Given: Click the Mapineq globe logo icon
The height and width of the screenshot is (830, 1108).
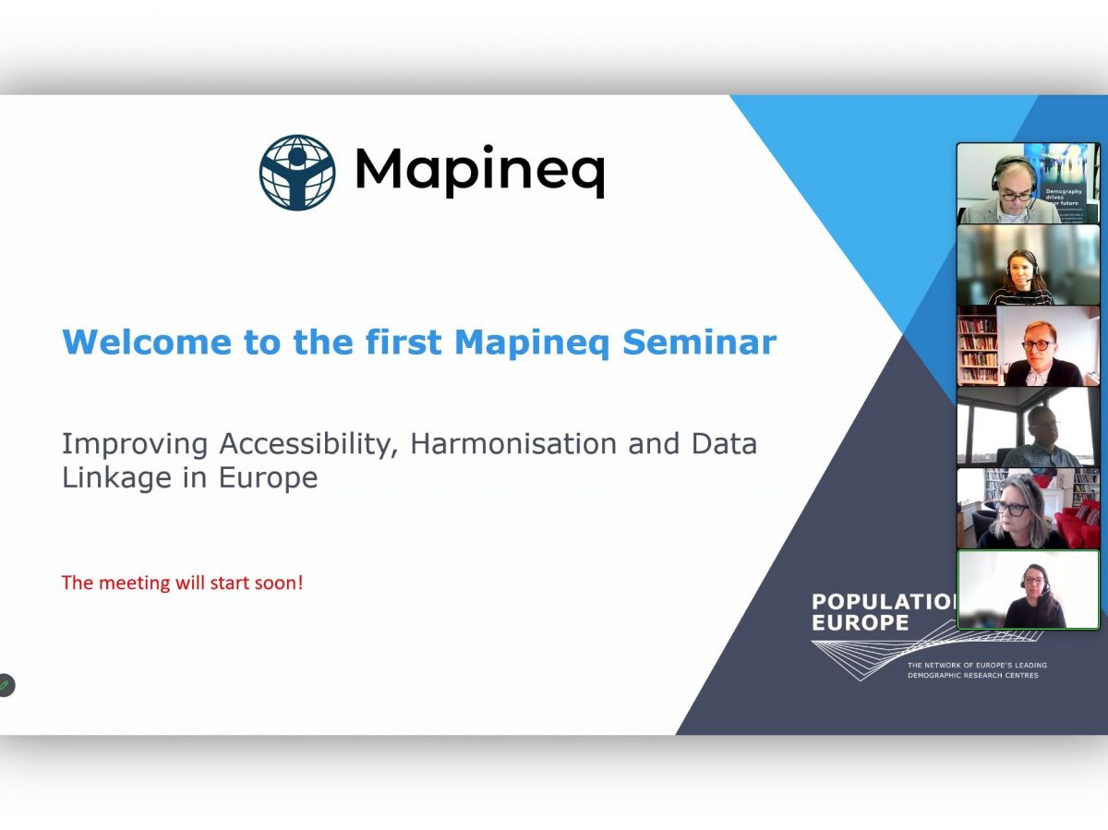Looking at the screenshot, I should [296, 172].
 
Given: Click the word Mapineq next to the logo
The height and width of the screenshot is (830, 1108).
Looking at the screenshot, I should [478, 171].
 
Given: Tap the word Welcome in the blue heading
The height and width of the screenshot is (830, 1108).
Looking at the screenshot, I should [147, 343].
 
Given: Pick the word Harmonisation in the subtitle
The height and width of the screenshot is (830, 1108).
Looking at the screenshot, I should [512, 444].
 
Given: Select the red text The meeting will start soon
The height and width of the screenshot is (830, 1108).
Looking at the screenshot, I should [182, 583].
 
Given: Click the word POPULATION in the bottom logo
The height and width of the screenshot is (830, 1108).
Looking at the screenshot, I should [883, 602].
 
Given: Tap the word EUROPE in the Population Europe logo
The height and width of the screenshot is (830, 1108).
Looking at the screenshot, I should [860, 624].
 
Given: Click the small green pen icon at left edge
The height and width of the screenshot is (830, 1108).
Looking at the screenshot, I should [6, 685].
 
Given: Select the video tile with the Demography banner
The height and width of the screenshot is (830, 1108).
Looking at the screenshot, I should [1028, 183].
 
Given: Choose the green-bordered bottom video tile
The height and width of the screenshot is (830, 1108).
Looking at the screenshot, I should [1028, 590].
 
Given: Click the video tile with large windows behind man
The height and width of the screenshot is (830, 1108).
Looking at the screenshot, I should [1028, 427].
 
